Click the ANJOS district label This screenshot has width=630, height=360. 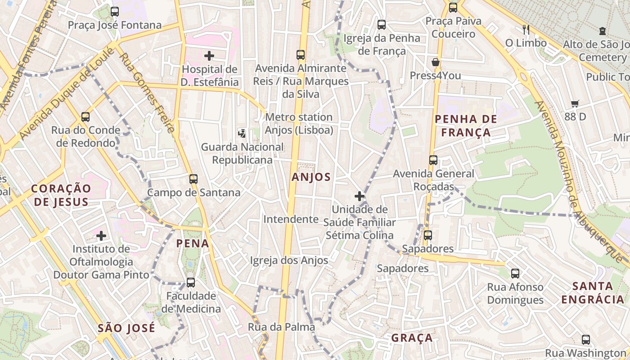pyautogui.click(x=311, y=177)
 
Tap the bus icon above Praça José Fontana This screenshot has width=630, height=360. pyautogui.click(x=115, y=12)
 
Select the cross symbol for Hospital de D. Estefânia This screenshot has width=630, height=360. pyautogui.click(x=209, y=56)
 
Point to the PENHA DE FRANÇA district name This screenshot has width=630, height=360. pyautogui.click(x=466, y=126)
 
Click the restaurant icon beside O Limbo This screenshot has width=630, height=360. pyautogui.click(x=526, y=30)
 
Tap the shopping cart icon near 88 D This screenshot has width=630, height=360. pyautogui.click(x=575, y=104)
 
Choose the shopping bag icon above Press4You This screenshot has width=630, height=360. pyautogui.click(x=435, y=62)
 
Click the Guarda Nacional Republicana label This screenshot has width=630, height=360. pyautogui.click(x=242, y=153)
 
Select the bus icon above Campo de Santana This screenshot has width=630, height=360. pyautogui.click(x=193, y=179)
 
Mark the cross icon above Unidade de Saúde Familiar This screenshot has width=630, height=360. pyautogui.click(x=359, y=196)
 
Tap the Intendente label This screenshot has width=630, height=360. pyautogui.click(x=291, y=219)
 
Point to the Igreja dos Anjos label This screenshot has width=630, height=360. pyautogui.click(x=289, y=260)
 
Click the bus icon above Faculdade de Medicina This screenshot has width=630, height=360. pyautogui.click(x=191, y=283)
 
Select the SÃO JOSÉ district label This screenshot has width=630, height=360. pyautogui.click(x=126, y=328)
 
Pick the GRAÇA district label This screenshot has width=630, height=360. pyautogui.click(x=412, y=338)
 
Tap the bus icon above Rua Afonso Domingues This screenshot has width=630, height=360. pyautogui.click(x=515, y=273)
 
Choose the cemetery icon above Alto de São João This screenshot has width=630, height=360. pyautogui.click(x=603, y=31)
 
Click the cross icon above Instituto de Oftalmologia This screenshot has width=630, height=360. pyautogui.click(x=101, y=235)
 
